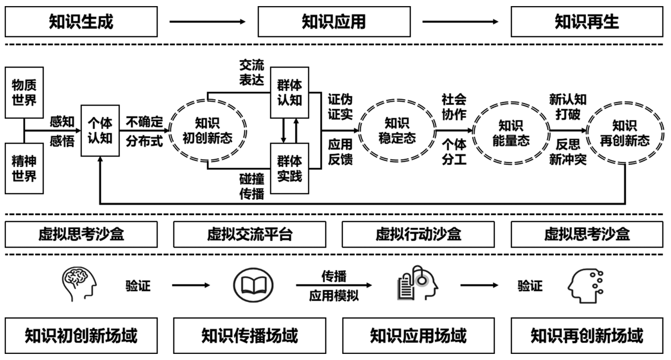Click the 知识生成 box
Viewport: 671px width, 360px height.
(x=81, y=22)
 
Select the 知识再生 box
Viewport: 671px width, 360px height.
(x=587, y=22)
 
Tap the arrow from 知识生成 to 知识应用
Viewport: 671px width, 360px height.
(x=207, y=22)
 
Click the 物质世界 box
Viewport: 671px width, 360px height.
(x=24, y=93)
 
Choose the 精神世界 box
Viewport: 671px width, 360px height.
(x=24, y=169)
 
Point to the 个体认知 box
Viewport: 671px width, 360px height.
(x=100, y=131)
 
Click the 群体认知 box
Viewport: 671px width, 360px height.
(x=289, y=93)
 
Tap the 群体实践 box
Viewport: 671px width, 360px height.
(x=289, y=169)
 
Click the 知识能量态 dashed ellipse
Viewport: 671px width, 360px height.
(x=511, y=131)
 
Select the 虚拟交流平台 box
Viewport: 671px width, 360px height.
(x=250, y=234)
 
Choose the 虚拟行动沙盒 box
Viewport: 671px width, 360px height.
(x=418, y=234)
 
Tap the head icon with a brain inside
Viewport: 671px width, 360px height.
(x=79, y=284)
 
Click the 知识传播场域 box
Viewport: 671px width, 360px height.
(x=250, y=336)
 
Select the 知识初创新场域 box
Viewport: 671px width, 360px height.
(x=81, y=336)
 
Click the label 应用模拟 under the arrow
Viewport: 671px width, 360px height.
(x=334, y=297)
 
